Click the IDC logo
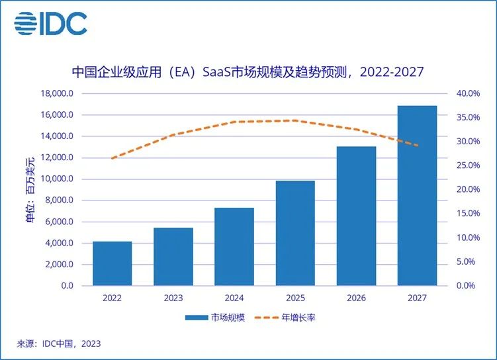click(x=51, y=24)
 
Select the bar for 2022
click(x=112, y=263)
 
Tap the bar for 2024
click(x=234, y=247)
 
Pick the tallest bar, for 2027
click(x=417, y=196)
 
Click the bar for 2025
click(x=294, y=233)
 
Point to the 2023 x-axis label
click(x=173, y=298)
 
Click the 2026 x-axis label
click(x=356, y=298)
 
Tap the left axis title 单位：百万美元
click(x=30, y=189)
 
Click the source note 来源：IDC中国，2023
click(x=59, y=343)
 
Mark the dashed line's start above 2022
click(x=112, y=159)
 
